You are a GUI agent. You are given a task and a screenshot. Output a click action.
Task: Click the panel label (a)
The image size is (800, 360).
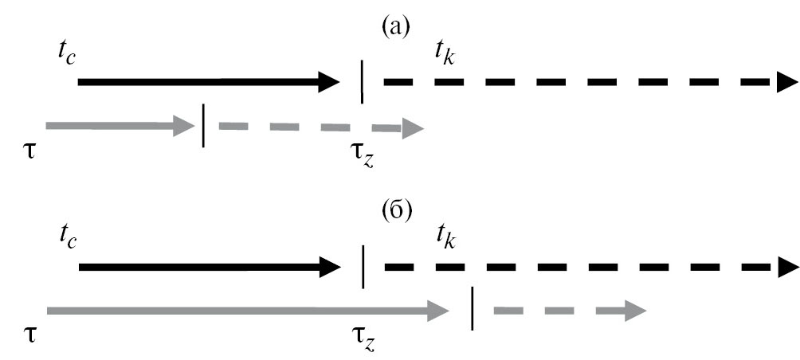coord(396,29)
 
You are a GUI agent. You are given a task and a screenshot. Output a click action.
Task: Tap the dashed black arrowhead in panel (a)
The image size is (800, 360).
coord(786,81)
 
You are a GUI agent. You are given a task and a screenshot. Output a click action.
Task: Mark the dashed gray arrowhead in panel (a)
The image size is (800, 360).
coord(413,128)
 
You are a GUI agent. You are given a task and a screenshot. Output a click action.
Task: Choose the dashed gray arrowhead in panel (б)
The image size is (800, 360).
coord(635,310)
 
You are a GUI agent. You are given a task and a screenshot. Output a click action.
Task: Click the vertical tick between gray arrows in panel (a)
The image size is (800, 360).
coord(205,126)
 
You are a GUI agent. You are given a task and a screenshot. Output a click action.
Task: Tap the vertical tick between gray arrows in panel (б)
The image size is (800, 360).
coord(473,308)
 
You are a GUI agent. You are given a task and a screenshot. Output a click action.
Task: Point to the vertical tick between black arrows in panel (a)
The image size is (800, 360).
coord(363,81)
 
